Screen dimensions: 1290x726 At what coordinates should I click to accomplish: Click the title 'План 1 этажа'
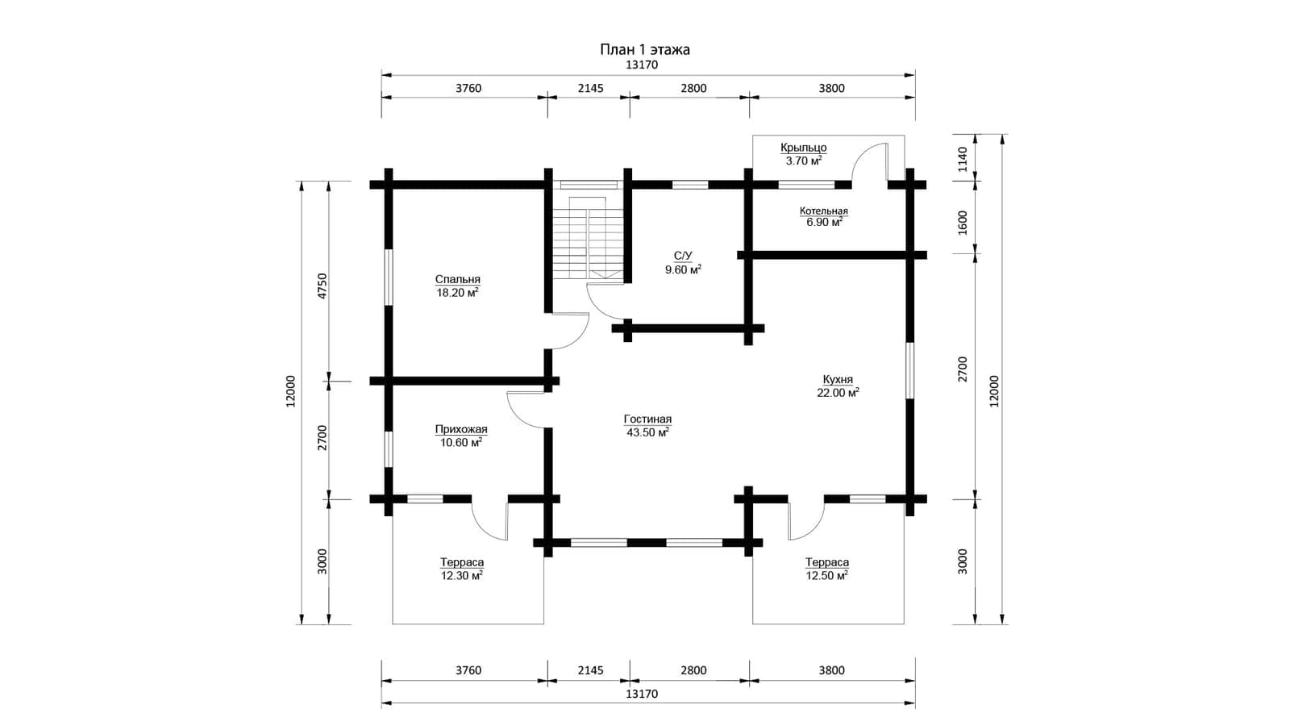(644, 49)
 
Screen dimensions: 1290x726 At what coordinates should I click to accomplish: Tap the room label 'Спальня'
(457, 279)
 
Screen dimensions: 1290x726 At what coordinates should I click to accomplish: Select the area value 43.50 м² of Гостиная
(647, 432)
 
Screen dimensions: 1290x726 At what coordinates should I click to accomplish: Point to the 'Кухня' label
(838, 380)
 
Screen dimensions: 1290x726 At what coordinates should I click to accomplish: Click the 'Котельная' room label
(823, 211)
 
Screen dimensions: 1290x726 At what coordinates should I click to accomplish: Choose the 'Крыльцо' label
(803, 148)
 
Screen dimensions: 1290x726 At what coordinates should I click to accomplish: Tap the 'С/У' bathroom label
(682, 256)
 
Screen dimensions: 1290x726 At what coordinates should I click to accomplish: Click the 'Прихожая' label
(460, 429)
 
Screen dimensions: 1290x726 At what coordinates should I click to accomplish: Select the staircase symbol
(588, 237)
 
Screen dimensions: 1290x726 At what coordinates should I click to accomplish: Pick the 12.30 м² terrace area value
(461, 576)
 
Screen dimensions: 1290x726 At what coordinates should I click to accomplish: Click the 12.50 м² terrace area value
(826, 576)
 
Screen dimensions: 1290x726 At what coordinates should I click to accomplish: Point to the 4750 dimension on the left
(322, 286)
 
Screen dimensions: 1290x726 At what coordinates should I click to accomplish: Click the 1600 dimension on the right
(963, 223)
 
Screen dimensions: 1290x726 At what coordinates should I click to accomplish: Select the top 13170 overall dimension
(642, 65)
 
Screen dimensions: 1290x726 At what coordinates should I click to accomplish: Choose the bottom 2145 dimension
(590, 670)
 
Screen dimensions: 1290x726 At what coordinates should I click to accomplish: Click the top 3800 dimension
(831, 88)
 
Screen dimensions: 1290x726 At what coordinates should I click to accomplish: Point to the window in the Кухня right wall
(909, 370)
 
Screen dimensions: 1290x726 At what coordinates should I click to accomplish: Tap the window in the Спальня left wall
(389, 277)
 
